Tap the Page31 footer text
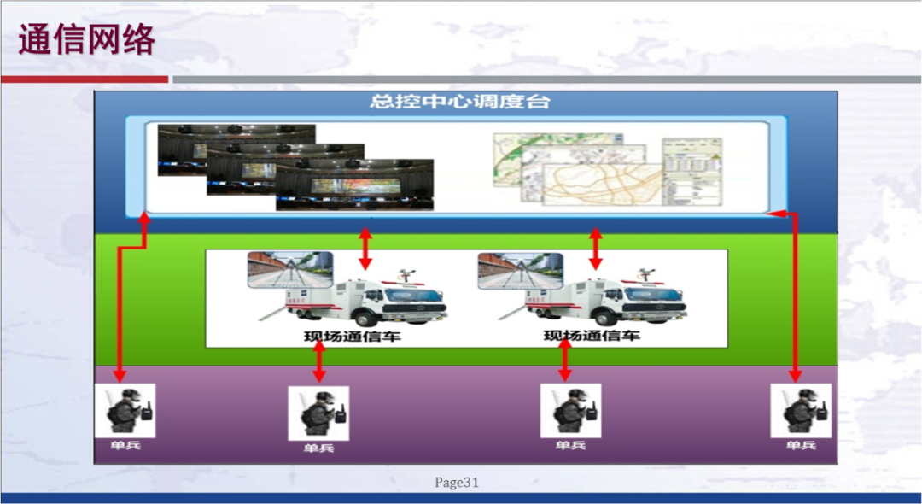(x=457, y=483)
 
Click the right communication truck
(x=606, y=299)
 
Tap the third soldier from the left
(x=570, y=411)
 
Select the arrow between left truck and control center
(x=365, y=249)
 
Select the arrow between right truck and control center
(x=596, y=249)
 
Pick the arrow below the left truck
(x=318, y=364)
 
